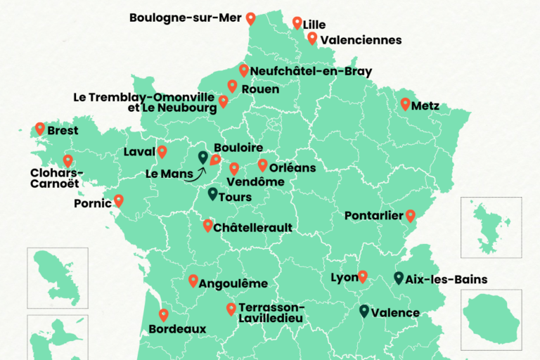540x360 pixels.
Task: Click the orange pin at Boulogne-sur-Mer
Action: coord(250,18)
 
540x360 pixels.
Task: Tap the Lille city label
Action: coord(314,25)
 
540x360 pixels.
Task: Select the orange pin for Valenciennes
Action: coord(312,38)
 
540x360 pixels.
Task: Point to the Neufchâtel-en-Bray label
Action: coord(311,71)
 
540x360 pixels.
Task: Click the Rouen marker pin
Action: coord(232,86)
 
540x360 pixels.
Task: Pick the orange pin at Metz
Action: coord(405,103)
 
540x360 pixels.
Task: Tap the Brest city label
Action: coord(63,131)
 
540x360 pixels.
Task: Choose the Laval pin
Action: coord(162,151)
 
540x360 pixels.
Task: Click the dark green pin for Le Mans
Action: coord(202,157)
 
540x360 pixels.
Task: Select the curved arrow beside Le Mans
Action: coord(193,174)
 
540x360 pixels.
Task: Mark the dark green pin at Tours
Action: coord(212,193)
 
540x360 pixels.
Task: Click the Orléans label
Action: coord(292,168)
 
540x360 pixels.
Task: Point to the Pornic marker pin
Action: coord(119,200)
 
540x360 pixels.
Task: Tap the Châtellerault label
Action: coord(252,228)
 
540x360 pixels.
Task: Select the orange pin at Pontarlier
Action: coord(411,215)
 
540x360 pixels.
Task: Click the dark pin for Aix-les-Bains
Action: coord(399,278)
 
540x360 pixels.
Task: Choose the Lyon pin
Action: coord(363,276)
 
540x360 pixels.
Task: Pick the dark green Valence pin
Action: coord(364,310)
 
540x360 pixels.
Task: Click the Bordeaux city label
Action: coord(177,328)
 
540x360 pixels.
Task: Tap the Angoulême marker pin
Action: coord(193,280)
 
